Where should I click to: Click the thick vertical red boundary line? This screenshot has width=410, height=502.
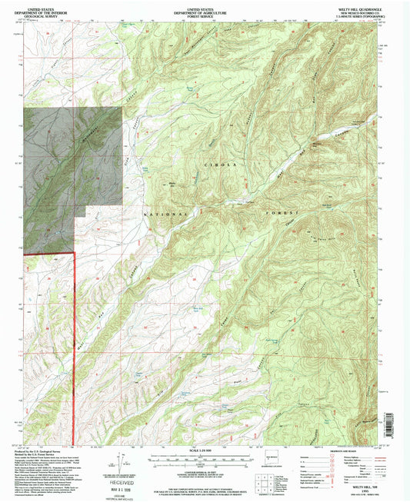coord(73,346)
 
